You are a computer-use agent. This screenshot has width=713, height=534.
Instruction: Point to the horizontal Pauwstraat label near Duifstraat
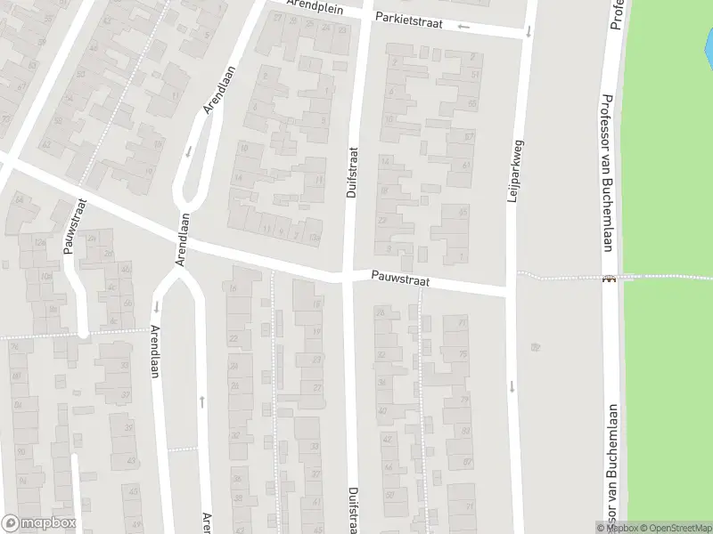[401, 280]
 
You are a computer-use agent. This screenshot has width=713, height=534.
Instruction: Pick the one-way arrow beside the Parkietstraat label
[463, 26]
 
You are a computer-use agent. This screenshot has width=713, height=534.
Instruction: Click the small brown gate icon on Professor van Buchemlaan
[610, 279]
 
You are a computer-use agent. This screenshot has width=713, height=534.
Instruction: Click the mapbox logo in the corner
[38, 523]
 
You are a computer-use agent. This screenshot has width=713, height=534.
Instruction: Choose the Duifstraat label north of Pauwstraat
[350, 173]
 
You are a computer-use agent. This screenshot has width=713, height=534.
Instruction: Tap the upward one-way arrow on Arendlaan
[202, 401]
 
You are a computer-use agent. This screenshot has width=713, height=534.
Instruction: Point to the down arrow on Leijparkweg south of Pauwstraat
[512, 386]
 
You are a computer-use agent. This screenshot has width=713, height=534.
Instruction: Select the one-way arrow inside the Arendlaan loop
[189, 150]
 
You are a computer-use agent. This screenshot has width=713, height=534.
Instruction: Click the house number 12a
[39, 242]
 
